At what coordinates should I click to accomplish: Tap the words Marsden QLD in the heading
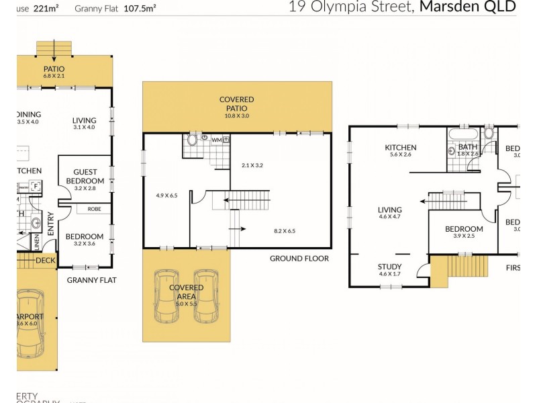tap(468, 7)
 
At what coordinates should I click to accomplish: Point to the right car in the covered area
tap(205, 297)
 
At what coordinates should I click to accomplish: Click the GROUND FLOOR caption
tap(299, 259)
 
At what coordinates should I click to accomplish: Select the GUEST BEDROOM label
tap(85, 177)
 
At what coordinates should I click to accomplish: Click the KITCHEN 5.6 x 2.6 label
tap(401, 152)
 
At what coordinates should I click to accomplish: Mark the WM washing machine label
tap(215, 140)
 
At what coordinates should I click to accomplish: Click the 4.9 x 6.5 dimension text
tap(166, 195)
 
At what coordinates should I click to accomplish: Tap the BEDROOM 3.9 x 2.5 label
tap(464, 232)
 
